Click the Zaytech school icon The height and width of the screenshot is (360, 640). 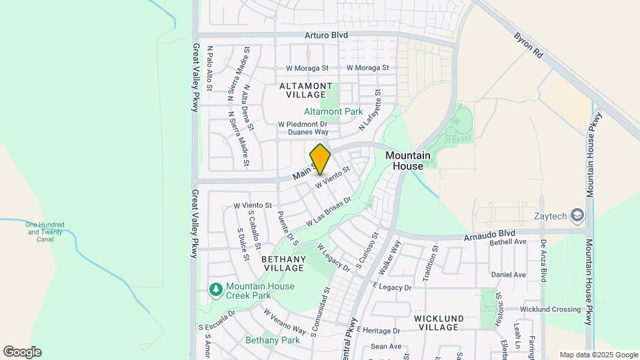pos(577,215)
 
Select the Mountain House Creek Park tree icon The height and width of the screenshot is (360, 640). pos(215,289)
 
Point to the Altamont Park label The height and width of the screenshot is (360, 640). pos(333,111)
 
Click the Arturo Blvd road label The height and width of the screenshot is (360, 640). pos(327,35)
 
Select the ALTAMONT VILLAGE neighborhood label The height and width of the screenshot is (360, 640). pos(305,91)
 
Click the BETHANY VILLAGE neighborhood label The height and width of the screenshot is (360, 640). pos(283,263)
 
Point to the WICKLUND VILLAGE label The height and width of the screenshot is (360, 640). pos(437,323)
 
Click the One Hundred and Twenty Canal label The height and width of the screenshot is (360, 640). pos(44,231)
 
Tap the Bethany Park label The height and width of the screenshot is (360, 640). pos(273,340)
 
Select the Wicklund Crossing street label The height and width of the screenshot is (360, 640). pos(551,309)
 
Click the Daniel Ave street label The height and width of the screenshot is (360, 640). pos(508,275)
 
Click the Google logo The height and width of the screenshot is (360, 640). pos(22,352)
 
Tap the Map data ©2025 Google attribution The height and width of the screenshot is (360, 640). pos(598,355)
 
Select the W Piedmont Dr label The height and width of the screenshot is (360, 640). pos(303,124)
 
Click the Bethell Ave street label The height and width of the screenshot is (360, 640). pos(508,242)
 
